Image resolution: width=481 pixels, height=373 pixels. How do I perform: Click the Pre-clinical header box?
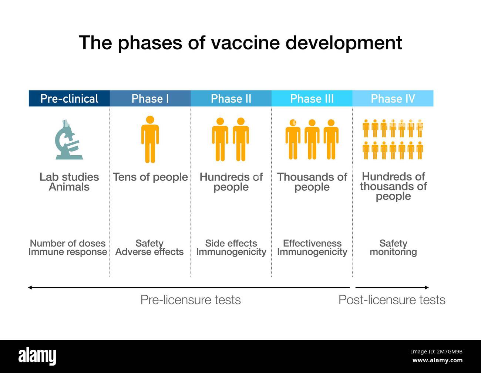69,98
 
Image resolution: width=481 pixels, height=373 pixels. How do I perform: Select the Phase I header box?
150,98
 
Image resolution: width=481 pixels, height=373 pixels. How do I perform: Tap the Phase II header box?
231,98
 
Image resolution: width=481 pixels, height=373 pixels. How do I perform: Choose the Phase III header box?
312,98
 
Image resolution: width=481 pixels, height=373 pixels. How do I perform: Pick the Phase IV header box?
393,98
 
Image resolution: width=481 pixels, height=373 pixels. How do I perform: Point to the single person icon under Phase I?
150,139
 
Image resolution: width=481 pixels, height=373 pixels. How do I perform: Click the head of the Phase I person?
150,120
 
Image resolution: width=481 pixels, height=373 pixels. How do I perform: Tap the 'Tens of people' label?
150,177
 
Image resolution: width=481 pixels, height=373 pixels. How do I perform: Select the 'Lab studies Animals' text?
69,182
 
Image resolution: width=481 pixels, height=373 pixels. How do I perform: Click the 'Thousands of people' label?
312,182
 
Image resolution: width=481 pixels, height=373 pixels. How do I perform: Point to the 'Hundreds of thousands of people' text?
393,186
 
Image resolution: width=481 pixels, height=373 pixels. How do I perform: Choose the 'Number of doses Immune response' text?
68,248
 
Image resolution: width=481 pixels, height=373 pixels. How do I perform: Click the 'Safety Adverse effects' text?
149,248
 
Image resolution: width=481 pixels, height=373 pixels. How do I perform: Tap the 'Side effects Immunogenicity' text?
231,248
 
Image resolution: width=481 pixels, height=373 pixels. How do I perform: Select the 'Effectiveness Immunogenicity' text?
312,248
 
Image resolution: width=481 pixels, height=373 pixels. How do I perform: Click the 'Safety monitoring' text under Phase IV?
393,248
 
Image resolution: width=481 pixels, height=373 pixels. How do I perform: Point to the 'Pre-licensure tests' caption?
191,300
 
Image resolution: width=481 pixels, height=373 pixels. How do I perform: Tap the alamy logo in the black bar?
37,356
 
